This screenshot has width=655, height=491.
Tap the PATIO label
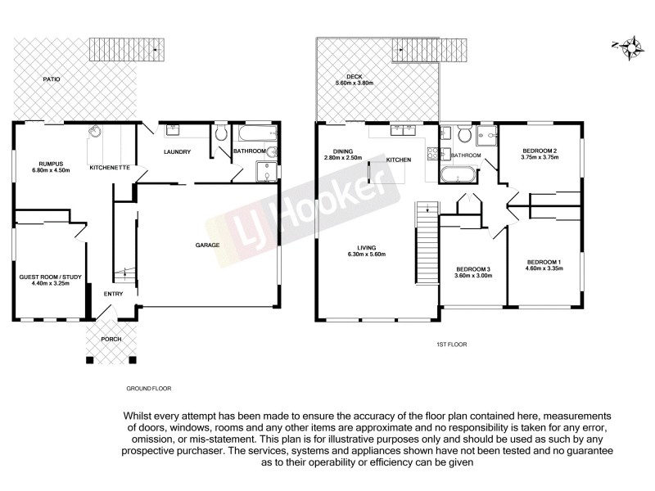tap(54, 79)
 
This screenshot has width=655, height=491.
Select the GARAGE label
tap(206, 245)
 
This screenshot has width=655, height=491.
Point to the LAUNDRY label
tap(177, 151)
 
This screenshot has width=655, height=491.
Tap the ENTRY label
tap(113, 295)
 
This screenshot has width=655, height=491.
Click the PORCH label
tap(111, 338)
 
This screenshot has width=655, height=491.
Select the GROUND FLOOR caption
tap(148, 388)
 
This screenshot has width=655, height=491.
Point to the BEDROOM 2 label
tap(539, 151)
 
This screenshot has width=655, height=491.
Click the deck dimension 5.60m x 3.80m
tap(354, 83)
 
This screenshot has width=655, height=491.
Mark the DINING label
tap(342, 151)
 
